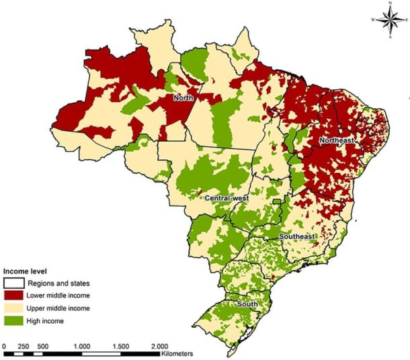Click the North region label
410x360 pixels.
pyautogui.click(x=184, y=98)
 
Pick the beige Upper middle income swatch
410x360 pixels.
pyautogui.click(x=14, y=308)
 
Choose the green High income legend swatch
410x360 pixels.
pyautogui.click(x=14, y=320)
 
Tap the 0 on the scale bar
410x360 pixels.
pyautogui.click(x=5, y=345)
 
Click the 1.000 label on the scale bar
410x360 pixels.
pyautogui.click(x=82, y=345)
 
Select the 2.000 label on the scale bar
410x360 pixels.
pyautogui.click(x=159, y=345)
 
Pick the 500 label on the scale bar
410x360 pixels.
pyautogui.click(x=44, y=345)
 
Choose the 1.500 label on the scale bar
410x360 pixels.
pyautogui.click(x=120, y=345)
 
